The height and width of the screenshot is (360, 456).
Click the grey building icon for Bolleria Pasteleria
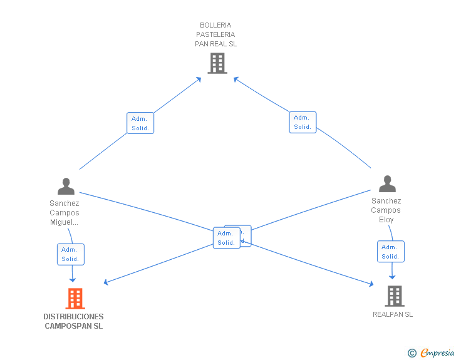[x=217, y=63]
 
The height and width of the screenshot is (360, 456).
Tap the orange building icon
[x=75, y=299]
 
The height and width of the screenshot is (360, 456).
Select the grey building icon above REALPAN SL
[x=394, y=296]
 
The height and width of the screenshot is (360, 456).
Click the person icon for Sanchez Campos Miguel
[x=66, y=187]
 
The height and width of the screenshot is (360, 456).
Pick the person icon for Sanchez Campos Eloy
[x=387, y=184]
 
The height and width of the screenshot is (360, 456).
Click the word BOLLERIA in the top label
[x=215, y=25]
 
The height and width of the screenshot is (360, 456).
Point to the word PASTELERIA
[x=215, y=34]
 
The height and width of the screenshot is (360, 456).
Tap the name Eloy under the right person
[x=386, y=220]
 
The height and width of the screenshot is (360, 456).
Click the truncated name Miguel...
[x=65, y=222]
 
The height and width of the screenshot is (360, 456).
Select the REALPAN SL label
[x=393, y=314]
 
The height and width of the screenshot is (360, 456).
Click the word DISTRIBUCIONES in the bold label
[x=74, y=317]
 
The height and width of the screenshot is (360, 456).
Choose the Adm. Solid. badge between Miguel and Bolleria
[x=140, y=123]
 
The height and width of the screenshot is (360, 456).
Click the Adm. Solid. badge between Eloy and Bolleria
[x=303, y=122]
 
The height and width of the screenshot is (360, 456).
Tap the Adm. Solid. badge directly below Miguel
[x=70, y=254]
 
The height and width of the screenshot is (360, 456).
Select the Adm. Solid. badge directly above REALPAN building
[x=390, y=252]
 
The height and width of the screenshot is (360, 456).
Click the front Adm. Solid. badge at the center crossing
[x=226, y=238]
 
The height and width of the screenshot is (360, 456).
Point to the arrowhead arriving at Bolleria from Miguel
[x=199, y=79]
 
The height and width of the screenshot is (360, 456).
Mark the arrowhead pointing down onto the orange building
[x=73, y=279]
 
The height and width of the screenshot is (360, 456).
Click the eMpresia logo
[x=437, y=353]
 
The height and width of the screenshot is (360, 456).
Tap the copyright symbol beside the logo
[x=412, y=354]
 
